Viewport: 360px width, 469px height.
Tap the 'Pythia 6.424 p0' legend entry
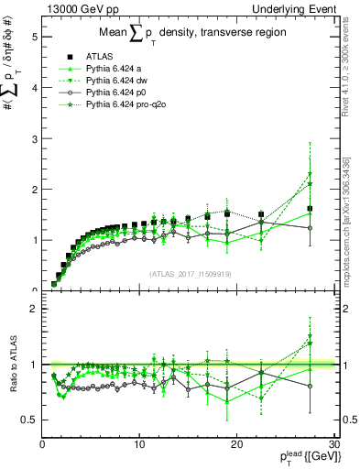click(x=117, y=93)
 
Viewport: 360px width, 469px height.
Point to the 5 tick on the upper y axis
click(x=34, y=38)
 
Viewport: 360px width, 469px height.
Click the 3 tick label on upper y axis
click(x=34, y=139)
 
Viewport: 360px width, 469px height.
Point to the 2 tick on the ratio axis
click(x=34, y=309)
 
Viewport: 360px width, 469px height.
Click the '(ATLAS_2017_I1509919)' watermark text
click(x=189, y=272)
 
